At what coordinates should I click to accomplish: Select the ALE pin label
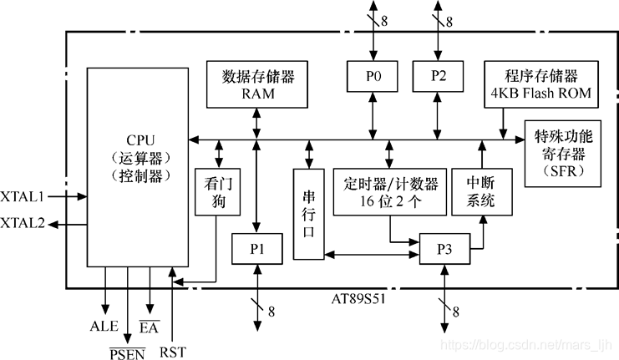click(x=104, y=326)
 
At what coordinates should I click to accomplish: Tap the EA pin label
click(x=150, y=326)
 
